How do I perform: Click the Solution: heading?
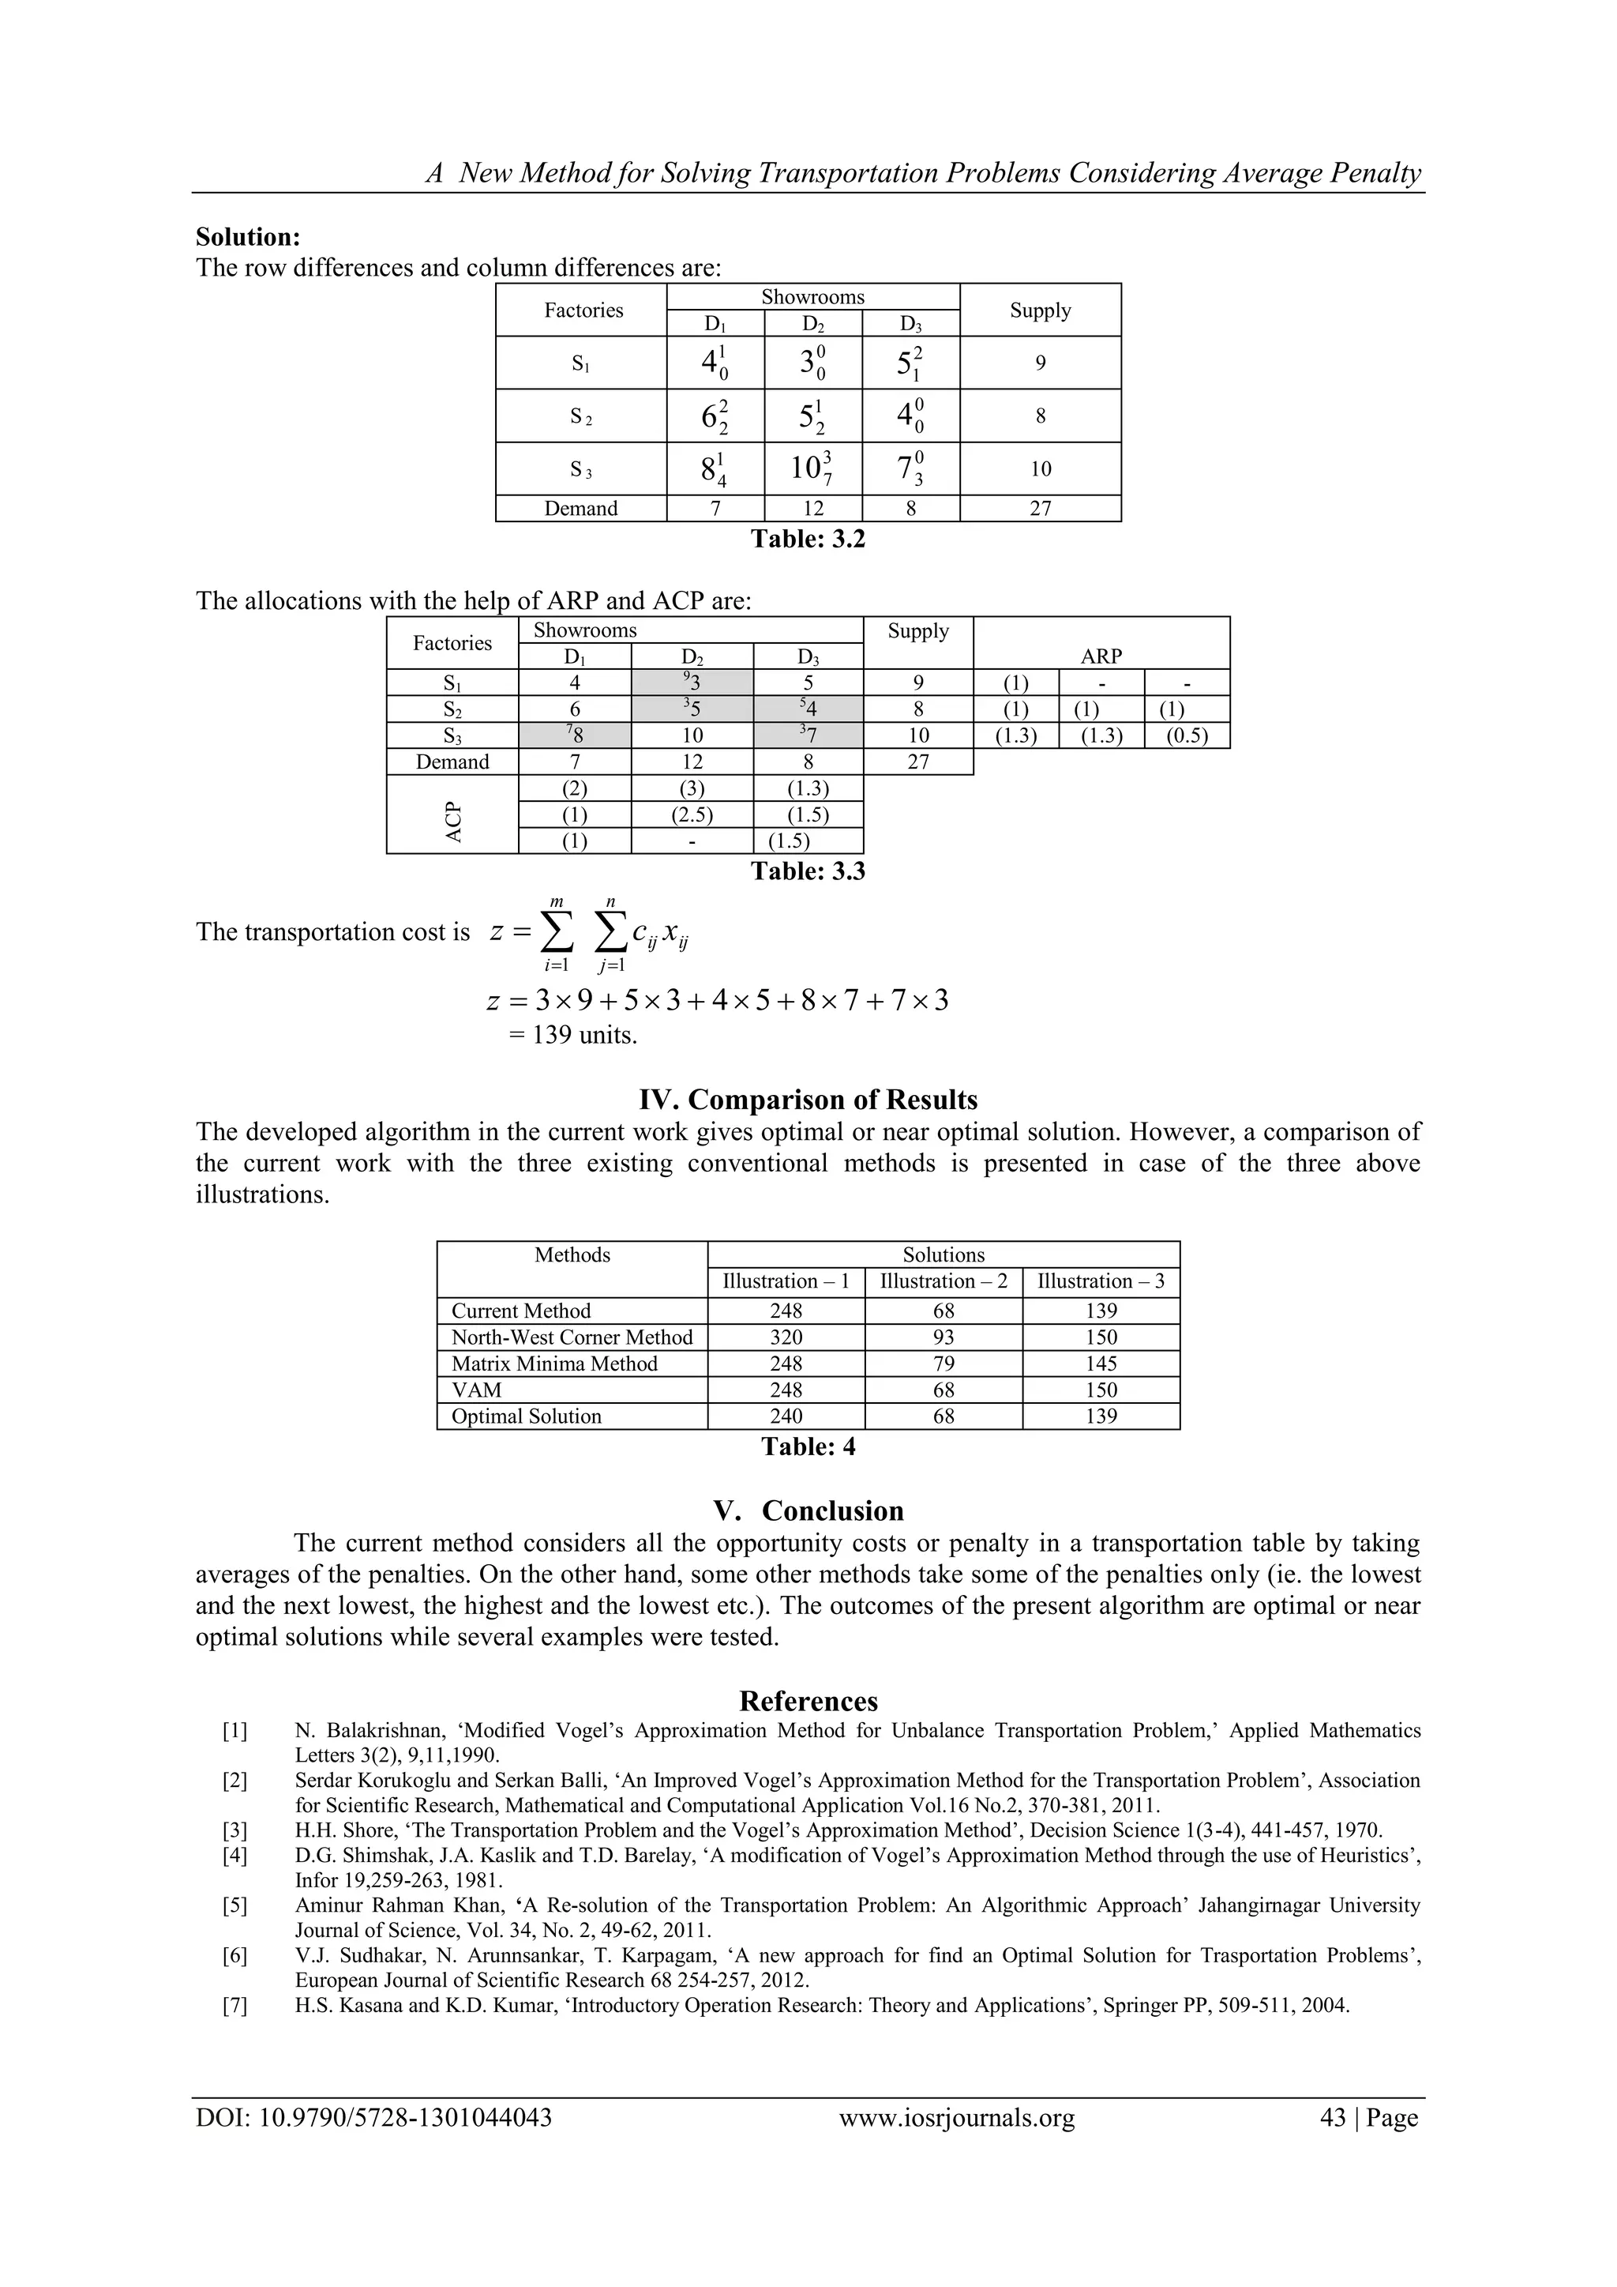248,237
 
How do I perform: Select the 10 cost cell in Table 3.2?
812,468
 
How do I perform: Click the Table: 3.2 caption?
808,539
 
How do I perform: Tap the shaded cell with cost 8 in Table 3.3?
575,736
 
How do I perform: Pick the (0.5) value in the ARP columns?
1187,736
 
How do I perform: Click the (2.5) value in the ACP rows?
692,814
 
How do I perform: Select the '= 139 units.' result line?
572,1035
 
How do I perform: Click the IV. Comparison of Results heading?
808,1100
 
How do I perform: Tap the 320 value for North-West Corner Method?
786,1337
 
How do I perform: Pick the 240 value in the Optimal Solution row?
786,1416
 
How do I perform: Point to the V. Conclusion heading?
808,1510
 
